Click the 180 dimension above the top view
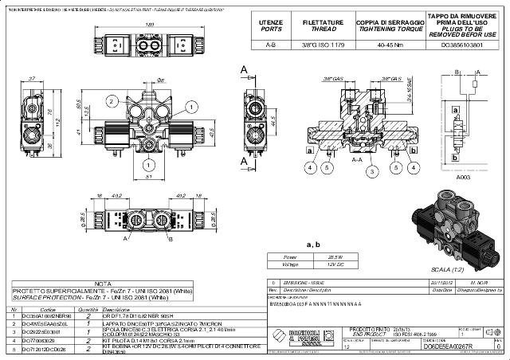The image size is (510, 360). tap(149, 25)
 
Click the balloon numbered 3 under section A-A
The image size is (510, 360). tap(371, 170)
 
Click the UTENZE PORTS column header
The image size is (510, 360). tap(271, 23)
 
